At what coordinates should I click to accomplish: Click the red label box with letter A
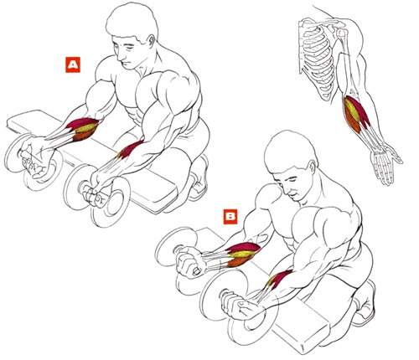[73, 64]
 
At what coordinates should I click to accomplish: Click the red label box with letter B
[230, 217]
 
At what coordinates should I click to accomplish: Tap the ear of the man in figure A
[151, 42]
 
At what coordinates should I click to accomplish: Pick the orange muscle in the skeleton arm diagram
[351, 120]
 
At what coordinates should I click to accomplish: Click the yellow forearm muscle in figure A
[85, 128]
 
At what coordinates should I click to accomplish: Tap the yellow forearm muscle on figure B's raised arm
[242, 254]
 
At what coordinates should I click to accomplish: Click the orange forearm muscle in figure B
[240, 261]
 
